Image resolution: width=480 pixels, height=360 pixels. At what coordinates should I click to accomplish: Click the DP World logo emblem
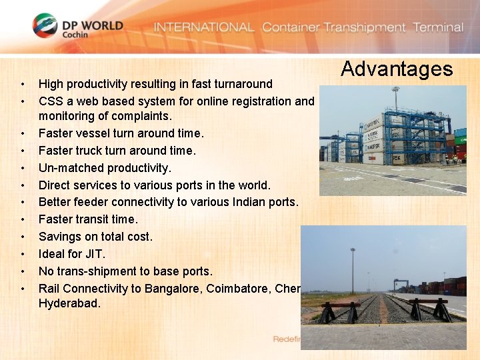click(x=45, y=26)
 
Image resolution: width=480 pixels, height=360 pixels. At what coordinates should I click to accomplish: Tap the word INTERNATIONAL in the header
click(x=204, y=27)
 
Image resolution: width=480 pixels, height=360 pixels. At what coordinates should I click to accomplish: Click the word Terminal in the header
click(x=438, y=27)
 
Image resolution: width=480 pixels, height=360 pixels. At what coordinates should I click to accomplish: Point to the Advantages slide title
click(x=397, y=69)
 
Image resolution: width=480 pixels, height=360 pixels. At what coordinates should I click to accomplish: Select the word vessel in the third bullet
click(x=93, y=133)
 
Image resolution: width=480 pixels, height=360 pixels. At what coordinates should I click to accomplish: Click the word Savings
click(x=59, y=237)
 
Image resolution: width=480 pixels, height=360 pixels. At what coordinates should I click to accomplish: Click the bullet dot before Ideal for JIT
click(x=23, y=254)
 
